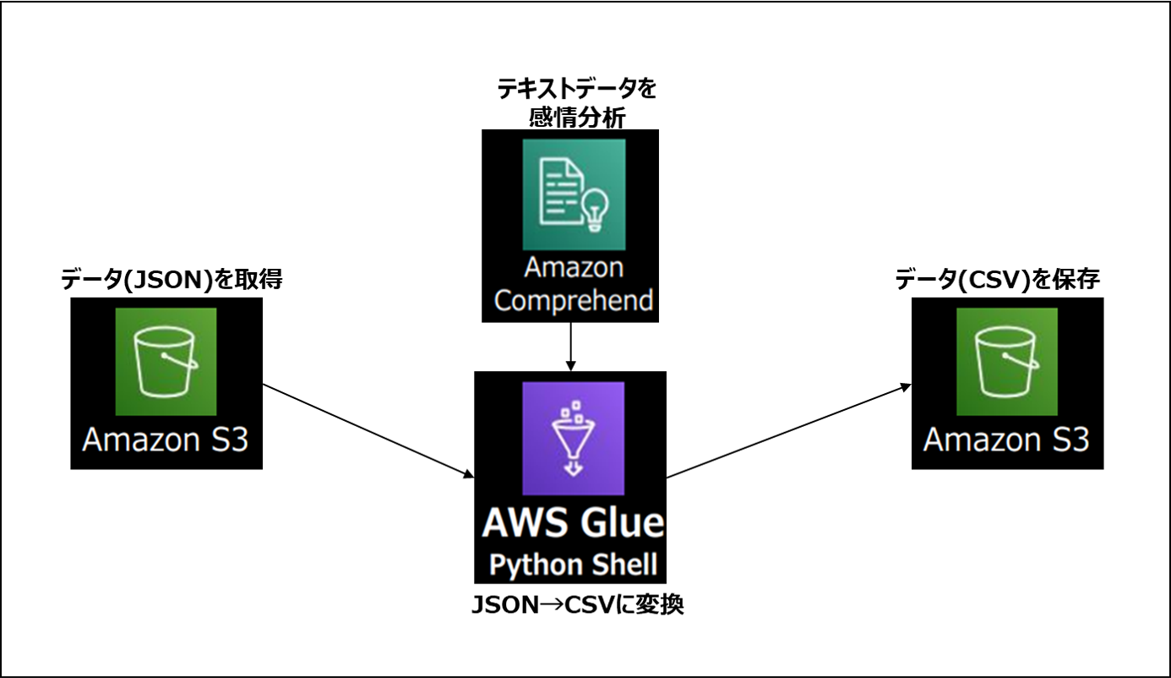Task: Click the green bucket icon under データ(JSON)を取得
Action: tap(166, 362)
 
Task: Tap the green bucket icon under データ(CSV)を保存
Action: tap(1007, 362)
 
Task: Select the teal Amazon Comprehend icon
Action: tap(574, 194)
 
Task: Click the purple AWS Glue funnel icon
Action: tap(573, 438)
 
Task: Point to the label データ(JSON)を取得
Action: tap(171, 281)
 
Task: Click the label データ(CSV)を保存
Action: tap(997, 281)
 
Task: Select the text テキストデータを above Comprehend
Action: tap(576, 88)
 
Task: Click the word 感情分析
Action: tap(576, 117)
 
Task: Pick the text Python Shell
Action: tap(573, 565)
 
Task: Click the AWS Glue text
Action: tap(573, 522)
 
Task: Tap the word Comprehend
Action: tap(574, 301)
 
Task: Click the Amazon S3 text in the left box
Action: tap(166, 440)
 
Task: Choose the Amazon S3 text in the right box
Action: tap(1006, 440)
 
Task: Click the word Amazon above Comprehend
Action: tap(574, 268)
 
